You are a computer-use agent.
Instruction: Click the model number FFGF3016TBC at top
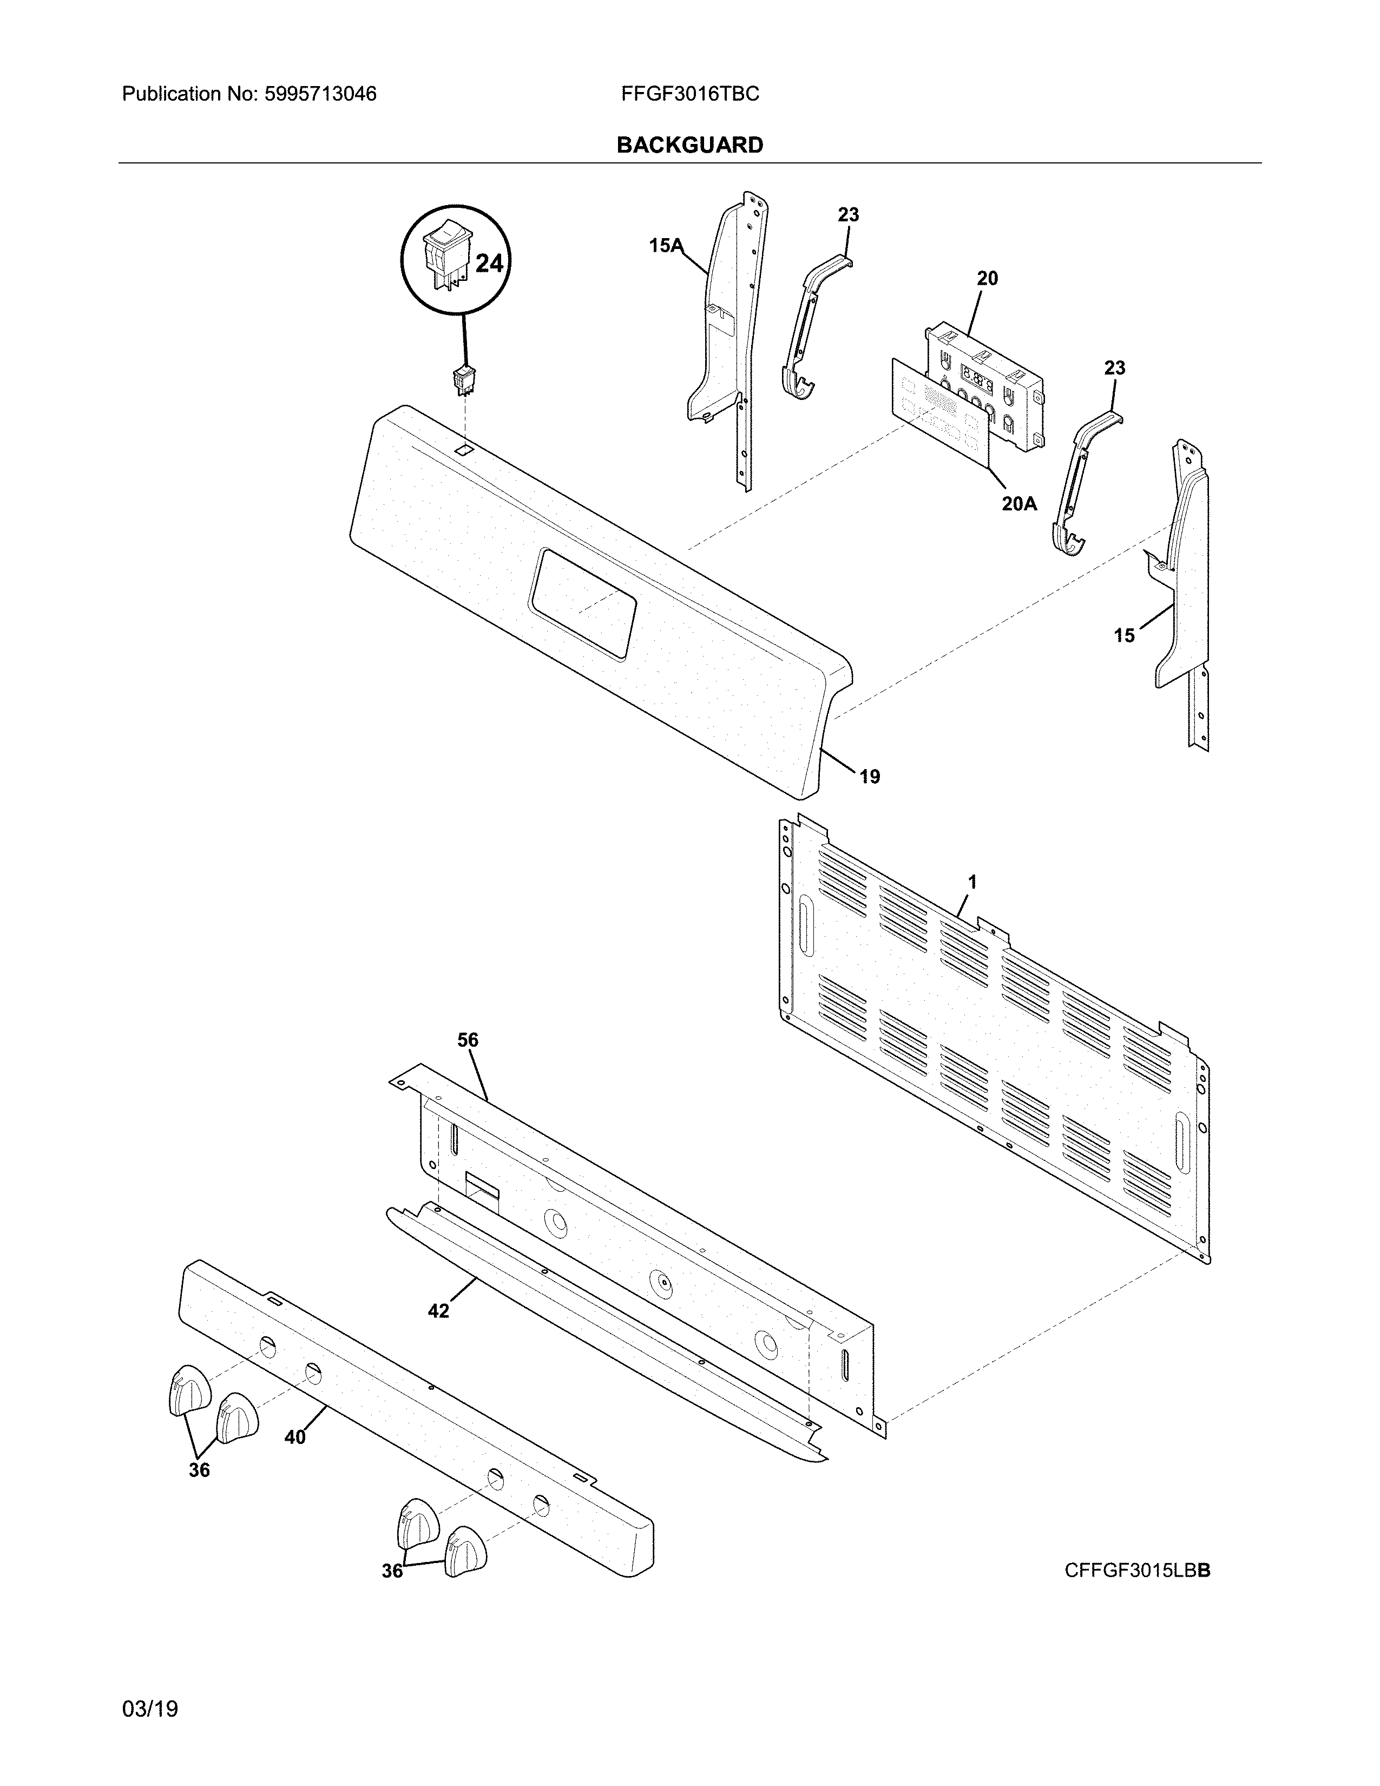click(x=689, y=94)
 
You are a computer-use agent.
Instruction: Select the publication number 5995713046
click(x=320, y=94)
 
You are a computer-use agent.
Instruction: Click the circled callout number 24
click(x=489, y=264)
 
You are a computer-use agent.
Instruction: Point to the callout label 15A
click(x=666, y=245)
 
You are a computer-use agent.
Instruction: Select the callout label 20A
click(x=1018, y=504)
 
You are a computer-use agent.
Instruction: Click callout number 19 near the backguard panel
click(x=869, y=776)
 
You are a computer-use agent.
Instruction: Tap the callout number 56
click(x=468, y=1040)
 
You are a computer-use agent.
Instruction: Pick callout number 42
click(x=438, y=1310)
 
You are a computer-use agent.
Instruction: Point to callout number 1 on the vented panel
click(x=972, y=882)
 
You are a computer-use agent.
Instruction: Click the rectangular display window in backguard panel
click(x=582, y=603)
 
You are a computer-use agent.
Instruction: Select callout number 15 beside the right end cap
click(x=1124, y=635)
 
